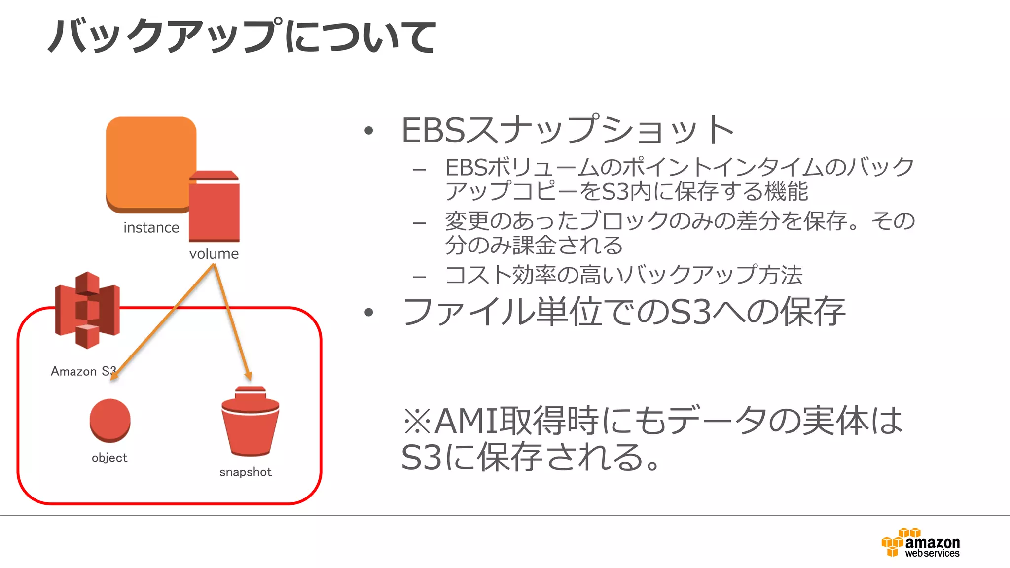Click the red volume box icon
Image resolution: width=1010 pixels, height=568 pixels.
coord(214,207)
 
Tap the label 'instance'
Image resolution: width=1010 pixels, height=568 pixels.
coord(151,228)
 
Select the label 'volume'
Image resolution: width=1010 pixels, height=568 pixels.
coord(214,254)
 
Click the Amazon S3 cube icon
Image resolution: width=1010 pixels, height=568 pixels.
coord(87,310)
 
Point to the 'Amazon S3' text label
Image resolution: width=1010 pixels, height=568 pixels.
coord(83,371)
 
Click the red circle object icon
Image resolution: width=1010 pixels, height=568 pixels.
coord(110,420)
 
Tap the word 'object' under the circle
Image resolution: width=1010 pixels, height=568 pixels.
coord(109,458)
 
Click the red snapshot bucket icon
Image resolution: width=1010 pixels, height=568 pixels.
coord(250,422)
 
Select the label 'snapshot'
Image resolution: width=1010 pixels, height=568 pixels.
coord(246,472)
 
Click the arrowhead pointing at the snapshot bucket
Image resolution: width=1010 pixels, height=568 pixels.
coord(249,376)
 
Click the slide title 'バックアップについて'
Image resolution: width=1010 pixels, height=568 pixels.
coord(242,36)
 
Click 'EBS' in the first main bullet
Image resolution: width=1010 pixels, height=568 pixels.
coord(433,131)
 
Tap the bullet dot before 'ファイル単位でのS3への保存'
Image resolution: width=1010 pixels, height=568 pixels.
coord(368,312)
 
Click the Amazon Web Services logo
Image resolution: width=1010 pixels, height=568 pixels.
coord(920,543)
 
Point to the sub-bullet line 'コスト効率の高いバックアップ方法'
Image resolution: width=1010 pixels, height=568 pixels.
coord(623,275)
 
